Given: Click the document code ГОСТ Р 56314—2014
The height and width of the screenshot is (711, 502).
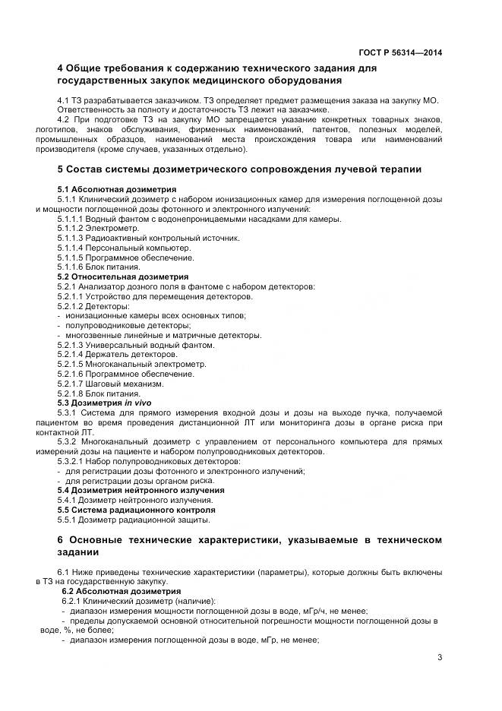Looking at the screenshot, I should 400,52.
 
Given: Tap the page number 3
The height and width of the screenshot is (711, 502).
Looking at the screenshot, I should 440,658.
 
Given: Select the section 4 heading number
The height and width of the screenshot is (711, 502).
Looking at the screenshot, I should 61,68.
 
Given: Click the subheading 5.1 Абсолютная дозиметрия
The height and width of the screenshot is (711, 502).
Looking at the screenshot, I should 117,188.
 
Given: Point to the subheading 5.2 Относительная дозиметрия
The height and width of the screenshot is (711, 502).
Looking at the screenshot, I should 123,277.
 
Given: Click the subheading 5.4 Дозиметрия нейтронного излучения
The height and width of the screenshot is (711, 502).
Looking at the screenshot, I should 140,490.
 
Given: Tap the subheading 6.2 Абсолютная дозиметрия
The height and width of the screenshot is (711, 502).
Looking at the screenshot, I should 121,590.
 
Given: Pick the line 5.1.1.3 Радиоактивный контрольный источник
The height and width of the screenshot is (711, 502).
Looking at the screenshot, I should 148,238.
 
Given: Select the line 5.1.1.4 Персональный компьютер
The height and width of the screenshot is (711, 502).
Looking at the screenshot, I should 125,248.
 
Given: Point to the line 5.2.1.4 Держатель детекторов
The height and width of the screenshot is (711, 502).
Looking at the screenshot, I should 118,354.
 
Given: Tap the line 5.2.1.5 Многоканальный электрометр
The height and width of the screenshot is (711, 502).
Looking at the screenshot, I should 131,364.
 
